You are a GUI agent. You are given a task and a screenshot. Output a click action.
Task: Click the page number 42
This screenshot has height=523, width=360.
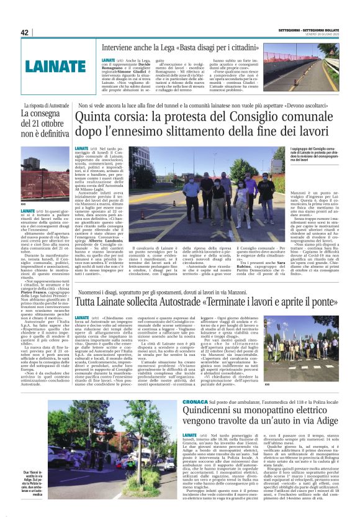point(25,33)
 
